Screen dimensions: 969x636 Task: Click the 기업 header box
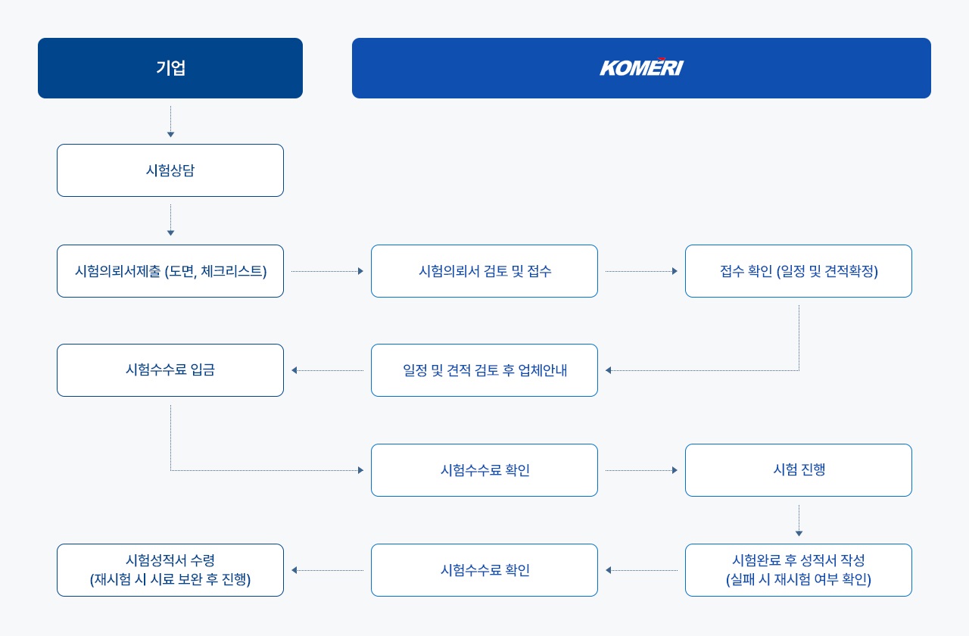(x=170, y=68)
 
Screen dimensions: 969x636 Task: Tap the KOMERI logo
(x=641, y=67)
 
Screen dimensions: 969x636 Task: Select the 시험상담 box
(x=170, y=170)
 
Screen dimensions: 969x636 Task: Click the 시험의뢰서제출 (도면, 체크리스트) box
(x=170, y=271)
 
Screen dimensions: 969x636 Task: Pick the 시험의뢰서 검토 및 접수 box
(x=484, y=271)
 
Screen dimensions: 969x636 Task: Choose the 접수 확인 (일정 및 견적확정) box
(x=799, y=271)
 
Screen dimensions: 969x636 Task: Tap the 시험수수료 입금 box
(x=170, y=370)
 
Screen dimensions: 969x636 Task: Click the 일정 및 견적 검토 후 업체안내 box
(x=484, y=370)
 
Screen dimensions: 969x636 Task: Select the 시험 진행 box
(x=799, y=470)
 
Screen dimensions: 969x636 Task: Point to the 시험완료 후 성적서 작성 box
(x=799, y=570)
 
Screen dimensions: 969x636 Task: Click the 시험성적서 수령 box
(x=170, y=570)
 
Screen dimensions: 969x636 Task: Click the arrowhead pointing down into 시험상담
(x=170, y=135)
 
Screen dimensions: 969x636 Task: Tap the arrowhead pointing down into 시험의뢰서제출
(x=170, y=232)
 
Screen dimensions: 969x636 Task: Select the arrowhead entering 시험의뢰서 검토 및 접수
(x=361, y=271)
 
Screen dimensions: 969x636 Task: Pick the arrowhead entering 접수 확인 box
(x=675, y=271)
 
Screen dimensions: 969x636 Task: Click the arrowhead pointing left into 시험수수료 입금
(x=294, y=370)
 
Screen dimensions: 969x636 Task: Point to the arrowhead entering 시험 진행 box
(x=675, y=470)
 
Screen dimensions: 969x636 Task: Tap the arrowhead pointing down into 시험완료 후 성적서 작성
(x=799, y=534)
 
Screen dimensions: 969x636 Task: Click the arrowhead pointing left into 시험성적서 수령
(x=294, y=570)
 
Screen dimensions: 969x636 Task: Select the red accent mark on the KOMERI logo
(x=661, y=59)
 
